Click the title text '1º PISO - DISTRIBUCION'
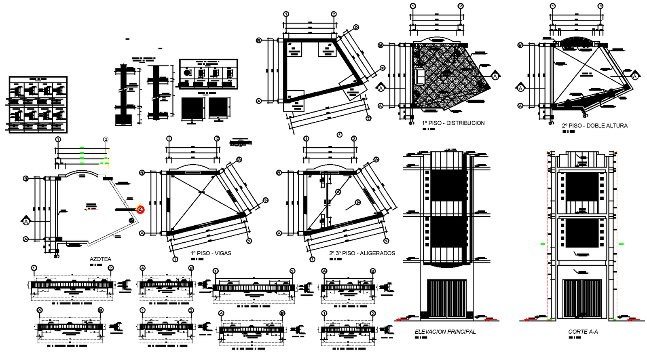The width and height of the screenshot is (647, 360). tap(453, 123)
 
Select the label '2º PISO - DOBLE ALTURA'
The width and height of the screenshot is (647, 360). tap(594, 126)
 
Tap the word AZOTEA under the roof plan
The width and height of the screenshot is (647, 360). tap(100, 259)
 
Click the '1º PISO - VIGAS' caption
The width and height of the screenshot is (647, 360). tap(211, 253)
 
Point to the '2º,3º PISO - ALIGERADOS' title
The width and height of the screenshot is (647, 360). tap(362, 253)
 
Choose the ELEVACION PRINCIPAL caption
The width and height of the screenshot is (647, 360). tap(445, 332)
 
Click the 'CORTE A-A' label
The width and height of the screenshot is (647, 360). tap(583, 332)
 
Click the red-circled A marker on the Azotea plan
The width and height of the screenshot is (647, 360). tap(140, 210)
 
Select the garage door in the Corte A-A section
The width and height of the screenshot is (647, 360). tap(582, 298)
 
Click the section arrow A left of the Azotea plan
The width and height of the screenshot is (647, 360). tap(26, 221)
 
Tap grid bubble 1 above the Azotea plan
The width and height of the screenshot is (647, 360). tap(58, 139)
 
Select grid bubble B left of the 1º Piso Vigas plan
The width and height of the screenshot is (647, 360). tap(142, 173)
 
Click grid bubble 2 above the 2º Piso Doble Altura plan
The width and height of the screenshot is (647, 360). tap(600, 6)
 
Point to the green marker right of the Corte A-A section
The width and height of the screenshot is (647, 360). tap(622, 244)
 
